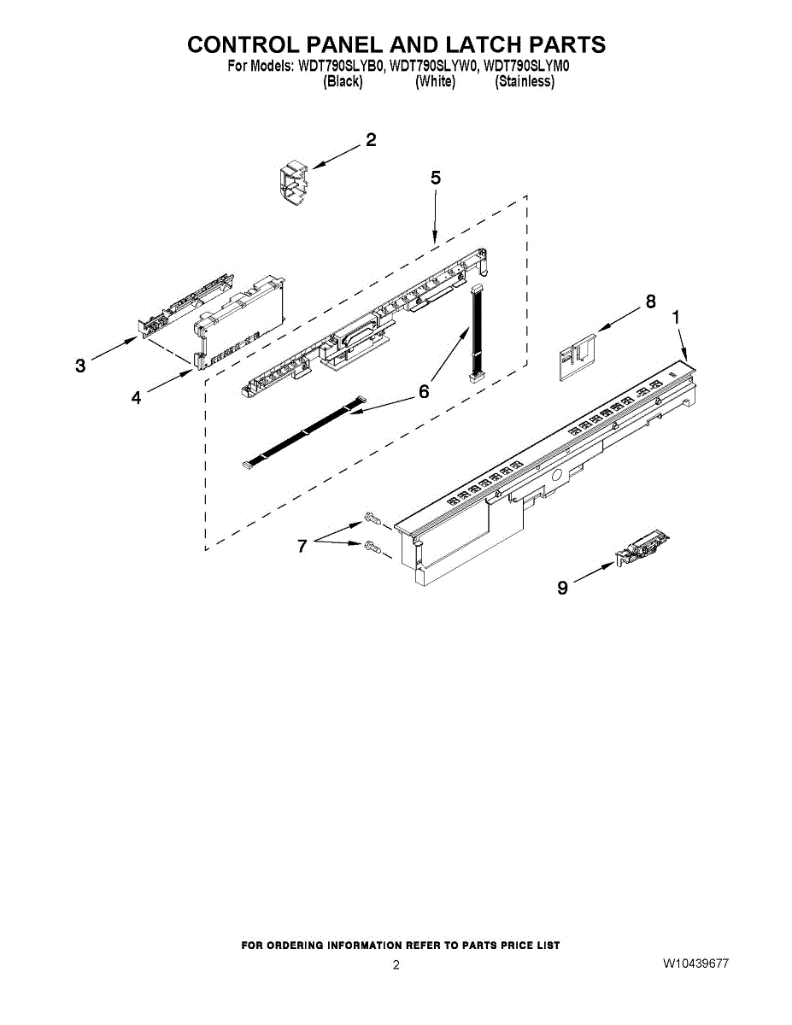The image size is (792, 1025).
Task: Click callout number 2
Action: (371, 141)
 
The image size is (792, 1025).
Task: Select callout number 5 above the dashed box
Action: (436, 179)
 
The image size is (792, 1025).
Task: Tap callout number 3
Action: (80, 366)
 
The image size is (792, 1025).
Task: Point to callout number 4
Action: (137, 397)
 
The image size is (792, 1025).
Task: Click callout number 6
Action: (424, 391)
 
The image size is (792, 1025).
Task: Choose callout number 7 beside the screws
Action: (302, 547)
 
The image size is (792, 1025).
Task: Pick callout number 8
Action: (651, 302)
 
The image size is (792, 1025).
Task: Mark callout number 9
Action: (562, 588)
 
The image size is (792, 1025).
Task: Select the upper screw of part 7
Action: (371, 518)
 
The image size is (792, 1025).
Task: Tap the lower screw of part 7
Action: (371, 546)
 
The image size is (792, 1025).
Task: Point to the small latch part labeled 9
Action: (642, 548)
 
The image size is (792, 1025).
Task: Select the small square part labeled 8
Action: (575, 354)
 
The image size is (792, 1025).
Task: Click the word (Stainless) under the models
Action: (525, 81)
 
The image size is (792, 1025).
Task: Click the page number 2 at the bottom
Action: (396, 965)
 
